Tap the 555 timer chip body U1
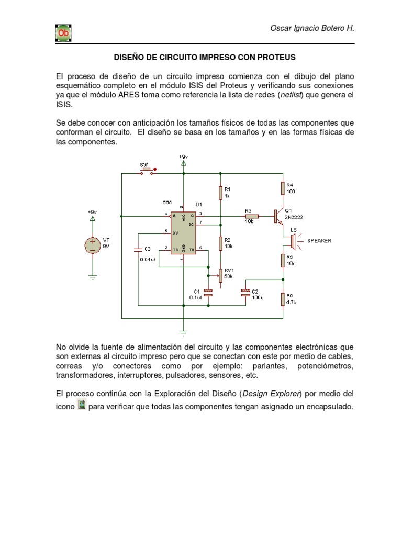[184, 232]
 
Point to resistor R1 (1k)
[220, 192]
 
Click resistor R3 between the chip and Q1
[252, 216]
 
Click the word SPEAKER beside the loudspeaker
[319, 241]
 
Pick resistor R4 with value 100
[283, 188]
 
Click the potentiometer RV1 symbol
[220, 274]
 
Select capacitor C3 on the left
[139, 249]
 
